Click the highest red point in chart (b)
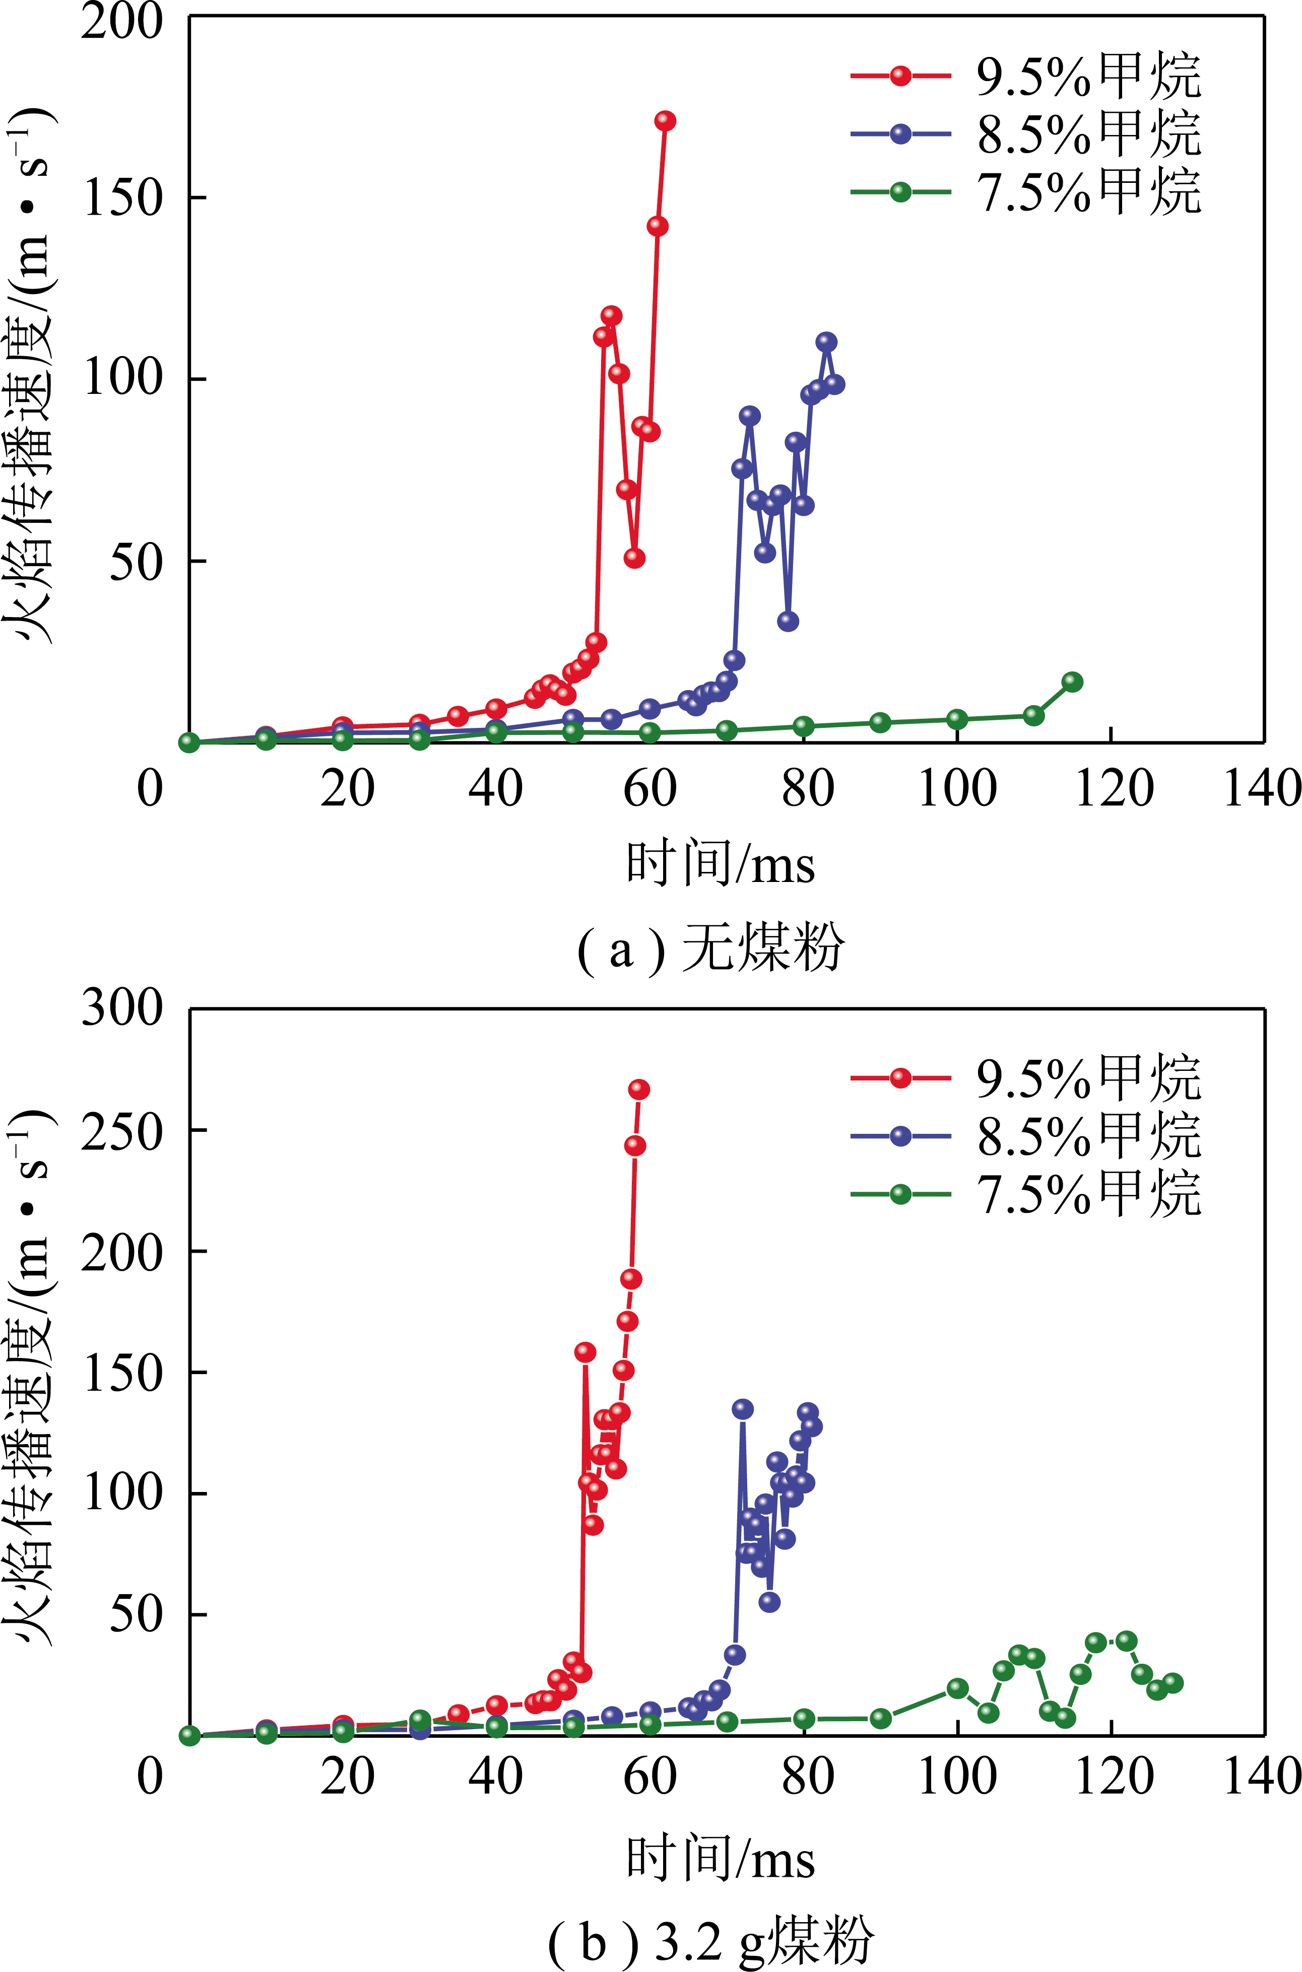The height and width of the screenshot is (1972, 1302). [638, 1090]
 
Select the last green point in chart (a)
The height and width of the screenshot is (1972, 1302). [1073, 682]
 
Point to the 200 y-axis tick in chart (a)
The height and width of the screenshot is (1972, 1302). [122, 22]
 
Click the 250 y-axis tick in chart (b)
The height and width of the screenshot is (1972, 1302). [122, 1130]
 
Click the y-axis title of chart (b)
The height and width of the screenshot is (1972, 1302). [32, 1374]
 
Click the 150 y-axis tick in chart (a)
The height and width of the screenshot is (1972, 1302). [122, 199]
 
